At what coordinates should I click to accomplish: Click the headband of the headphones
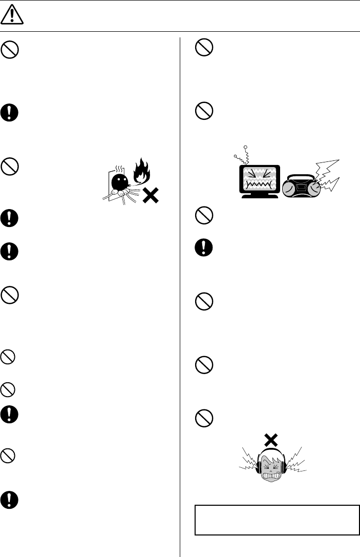click(x=271, y=451)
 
